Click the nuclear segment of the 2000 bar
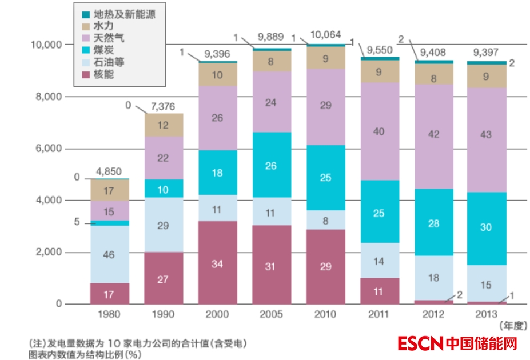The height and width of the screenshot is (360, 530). (218, 262)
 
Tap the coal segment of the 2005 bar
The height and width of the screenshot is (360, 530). (271, 165)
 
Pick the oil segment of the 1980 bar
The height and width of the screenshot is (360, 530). (109, 254)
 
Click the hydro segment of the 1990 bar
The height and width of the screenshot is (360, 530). (163, 125)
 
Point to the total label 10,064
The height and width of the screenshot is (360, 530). (326, 35)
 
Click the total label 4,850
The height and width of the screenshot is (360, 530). (109, 171)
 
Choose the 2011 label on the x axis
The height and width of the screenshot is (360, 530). (379, 314)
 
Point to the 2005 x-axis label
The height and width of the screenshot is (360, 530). (271, 314)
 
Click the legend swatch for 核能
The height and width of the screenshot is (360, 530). (86, 74)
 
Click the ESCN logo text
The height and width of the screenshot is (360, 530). (421, 343)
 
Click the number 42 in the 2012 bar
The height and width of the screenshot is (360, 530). (433, 135)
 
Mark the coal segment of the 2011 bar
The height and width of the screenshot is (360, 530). (379, 212)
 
